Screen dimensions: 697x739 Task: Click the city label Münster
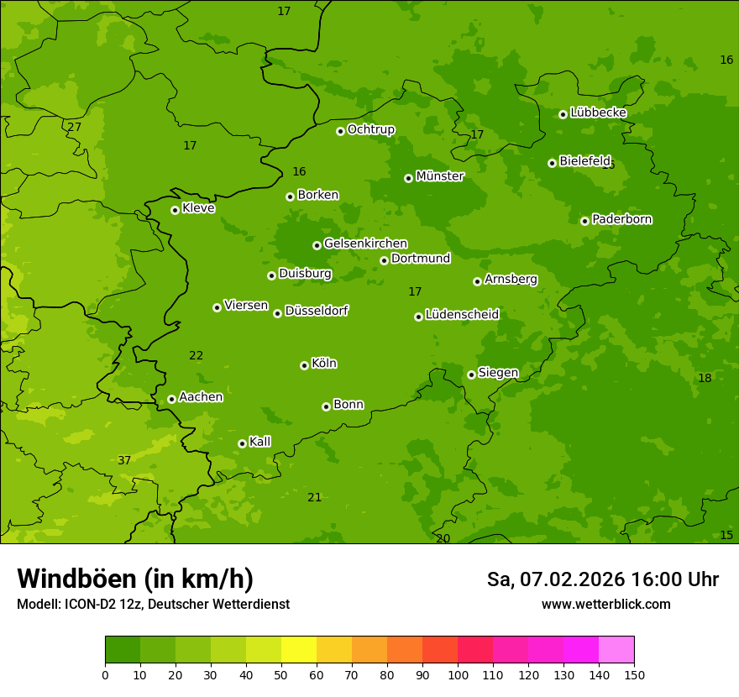pos(440,176)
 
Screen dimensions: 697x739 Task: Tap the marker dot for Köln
pos(304,365)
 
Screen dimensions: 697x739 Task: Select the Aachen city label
pos(201,397)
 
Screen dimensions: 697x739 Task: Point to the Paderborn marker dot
pos(584,221)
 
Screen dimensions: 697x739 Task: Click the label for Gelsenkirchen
pos(365,244)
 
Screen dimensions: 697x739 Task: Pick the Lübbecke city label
pos(598,113)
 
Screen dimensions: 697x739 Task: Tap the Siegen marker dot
pos(471,375)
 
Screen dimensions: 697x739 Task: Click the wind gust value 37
pos(124,460)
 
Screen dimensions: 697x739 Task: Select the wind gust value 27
pos(75,127)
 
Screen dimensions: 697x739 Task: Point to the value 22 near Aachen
pos(196,355)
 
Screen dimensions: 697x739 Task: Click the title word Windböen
pos(76,579)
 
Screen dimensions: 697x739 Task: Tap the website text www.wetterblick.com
pos(605,604)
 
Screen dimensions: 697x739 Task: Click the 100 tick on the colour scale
pos(458,674)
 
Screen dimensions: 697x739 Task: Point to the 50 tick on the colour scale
pos(281,674)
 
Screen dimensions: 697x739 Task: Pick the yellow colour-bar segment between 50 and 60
pos(299,649)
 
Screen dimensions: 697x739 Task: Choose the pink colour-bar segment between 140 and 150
pos(616,649)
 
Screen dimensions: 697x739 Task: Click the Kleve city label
pos(198,208)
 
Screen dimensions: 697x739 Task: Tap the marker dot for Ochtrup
pos(340,131)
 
